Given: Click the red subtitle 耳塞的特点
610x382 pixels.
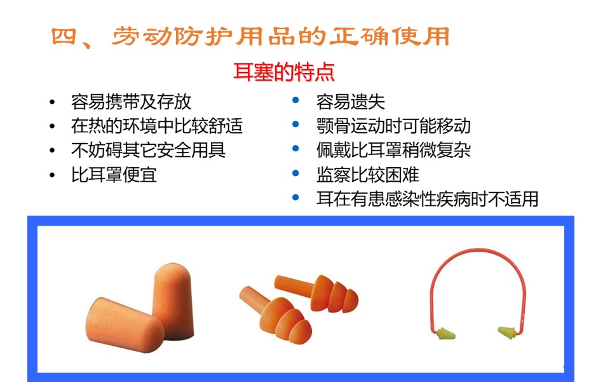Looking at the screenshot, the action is pos(284,72).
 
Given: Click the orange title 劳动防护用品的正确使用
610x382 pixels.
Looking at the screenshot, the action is pos(280,37).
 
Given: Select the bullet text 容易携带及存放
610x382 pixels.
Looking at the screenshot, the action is pos(131,102).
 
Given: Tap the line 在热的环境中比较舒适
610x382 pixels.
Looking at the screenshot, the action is pos(157,126).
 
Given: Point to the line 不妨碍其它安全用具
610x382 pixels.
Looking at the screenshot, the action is pos(148,150).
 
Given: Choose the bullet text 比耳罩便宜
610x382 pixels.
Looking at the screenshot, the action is pos(114,175).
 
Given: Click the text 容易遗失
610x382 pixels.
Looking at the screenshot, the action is pos(351,102).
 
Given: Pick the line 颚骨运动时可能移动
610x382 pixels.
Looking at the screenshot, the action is pos(393,126).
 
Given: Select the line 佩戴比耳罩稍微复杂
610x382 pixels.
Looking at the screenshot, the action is pos(393,150).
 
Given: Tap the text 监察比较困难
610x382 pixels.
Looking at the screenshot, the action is pos(368,175).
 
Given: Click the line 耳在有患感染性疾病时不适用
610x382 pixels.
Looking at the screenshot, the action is pos(427,199).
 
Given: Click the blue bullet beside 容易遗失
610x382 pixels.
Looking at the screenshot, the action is pos(295,100).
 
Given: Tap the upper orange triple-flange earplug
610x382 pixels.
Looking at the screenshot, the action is pos(317,292).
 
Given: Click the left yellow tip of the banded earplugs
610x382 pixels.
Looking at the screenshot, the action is pos(445,334).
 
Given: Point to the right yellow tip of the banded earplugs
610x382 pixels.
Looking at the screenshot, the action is pos(508,332).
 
